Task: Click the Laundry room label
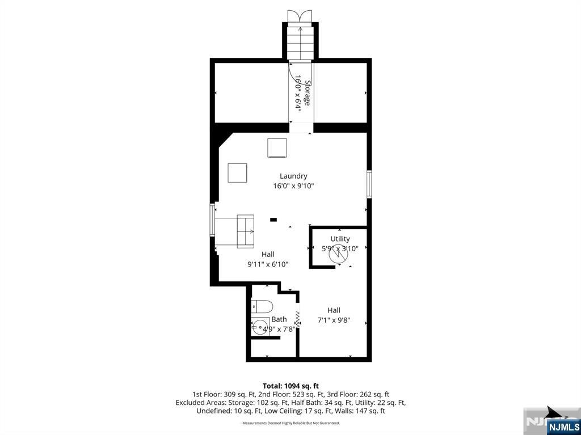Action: tap(293, 176)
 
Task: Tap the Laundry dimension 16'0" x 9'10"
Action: tap(293, 186)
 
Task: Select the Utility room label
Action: tap(340, 239)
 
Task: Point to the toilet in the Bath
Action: tap(262, 307)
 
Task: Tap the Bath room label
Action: tap(279, 319)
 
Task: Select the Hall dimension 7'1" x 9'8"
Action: tap(334, 320)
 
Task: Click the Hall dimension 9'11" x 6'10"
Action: tap(268, 264)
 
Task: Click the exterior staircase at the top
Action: tap(300, 41)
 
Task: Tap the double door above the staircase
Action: tap(300, 16)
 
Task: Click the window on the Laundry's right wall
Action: tap(369, 184)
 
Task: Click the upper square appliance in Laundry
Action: tap(277, 148)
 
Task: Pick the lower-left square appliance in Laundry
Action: tap(237, 172)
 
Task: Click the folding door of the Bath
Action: tap(297, 319)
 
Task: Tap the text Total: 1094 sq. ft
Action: tap(290, 386)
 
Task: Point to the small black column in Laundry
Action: tap(273, 219)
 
